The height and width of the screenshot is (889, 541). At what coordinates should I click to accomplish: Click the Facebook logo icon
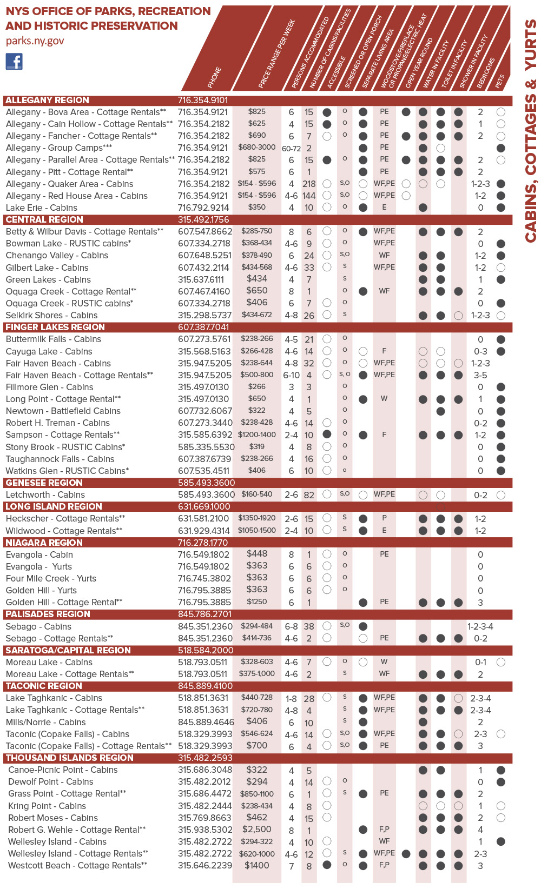point(14,62)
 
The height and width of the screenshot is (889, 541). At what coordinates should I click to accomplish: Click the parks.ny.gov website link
point(35,41)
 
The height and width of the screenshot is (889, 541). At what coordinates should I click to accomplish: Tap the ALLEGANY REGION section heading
point(47,100)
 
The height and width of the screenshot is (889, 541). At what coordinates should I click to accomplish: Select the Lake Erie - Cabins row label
point(41,208)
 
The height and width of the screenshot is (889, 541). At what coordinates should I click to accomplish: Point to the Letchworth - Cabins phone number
point(206,494)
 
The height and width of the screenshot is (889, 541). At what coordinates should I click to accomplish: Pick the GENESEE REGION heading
point(44,483)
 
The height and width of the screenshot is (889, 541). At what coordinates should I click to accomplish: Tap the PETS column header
point(500,81)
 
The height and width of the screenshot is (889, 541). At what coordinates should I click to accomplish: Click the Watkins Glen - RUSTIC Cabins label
point(67,471)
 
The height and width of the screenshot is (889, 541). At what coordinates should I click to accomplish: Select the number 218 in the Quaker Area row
point(309,184)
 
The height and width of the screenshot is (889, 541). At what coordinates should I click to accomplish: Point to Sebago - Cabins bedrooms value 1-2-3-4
point(480,626)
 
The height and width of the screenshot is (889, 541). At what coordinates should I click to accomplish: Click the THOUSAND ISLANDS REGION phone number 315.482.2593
point(205,758)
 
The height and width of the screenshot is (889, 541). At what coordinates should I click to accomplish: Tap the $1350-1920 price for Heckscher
point(256,518)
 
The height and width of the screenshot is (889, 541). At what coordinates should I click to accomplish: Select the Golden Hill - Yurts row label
point(41,590)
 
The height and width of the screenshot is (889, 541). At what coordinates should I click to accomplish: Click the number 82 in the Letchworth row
point(309,494)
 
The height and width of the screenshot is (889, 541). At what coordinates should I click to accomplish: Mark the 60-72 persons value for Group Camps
point(291,148)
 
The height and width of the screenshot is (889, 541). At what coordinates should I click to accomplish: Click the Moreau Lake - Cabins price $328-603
point(256,661)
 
